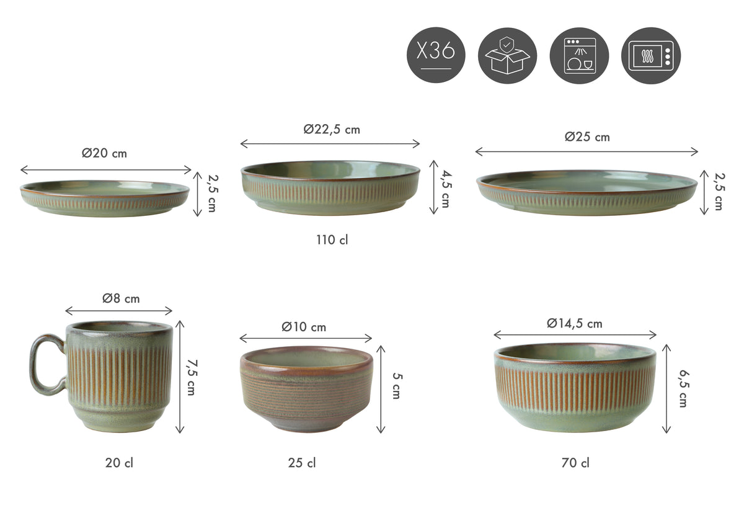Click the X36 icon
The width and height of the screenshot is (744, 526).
point(436,55)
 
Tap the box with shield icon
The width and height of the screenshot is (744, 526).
point(507,55)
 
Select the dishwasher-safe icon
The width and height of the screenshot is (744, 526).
point(579,55)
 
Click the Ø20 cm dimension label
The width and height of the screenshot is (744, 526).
point(104,153)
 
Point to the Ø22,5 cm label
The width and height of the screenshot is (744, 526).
point(332,129)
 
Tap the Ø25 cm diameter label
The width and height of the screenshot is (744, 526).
point(587,137)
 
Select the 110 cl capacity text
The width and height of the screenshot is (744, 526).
point(332,240)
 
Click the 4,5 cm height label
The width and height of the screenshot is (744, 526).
point(446,189)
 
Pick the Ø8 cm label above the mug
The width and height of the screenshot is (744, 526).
point(121,298)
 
